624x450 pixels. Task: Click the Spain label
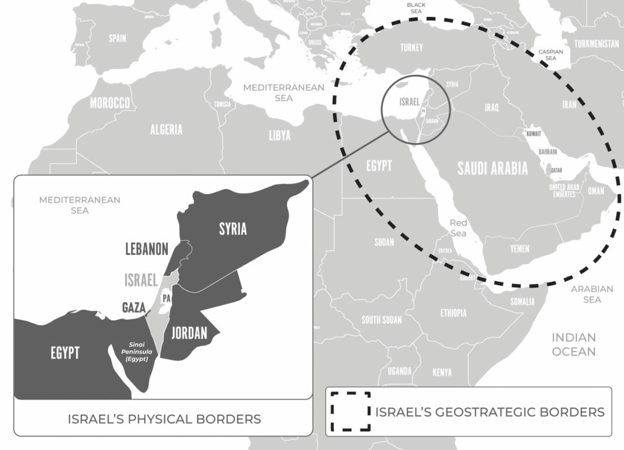coord(117,39)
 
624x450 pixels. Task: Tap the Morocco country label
coord(110,103)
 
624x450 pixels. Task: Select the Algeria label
coord(167,130)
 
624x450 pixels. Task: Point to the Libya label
coord(279,136)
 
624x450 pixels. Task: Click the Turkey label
coord(411,47)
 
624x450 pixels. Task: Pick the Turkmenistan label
coord(597,44)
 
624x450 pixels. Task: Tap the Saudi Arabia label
coord(493,169)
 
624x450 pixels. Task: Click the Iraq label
coord(491,108)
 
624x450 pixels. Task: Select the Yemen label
coord(519,249)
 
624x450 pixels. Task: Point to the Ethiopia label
coord(453,313)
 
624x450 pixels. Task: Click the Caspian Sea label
coord(550,55)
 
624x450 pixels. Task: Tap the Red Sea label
coord(458,228)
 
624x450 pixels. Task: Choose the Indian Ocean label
coord(574,344)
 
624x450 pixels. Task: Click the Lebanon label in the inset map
coord(147,249)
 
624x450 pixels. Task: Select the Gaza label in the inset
coord(133,307)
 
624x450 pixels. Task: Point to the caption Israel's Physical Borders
coord(164,419)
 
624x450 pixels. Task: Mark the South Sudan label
coord(382,320)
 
